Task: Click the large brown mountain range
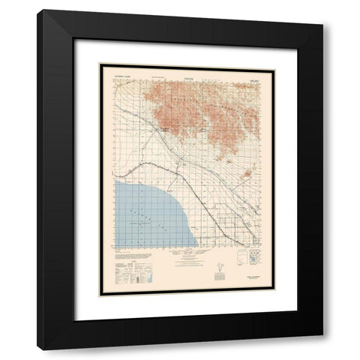click(x=202, y=112)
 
